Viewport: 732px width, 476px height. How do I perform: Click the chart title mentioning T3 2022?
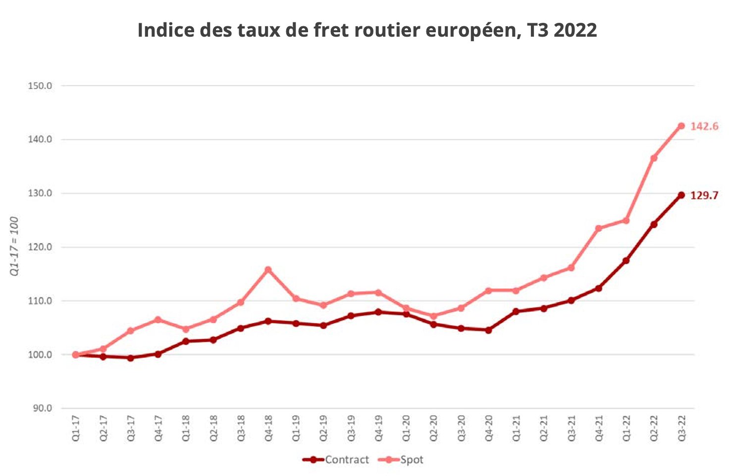click(x=367, y=30)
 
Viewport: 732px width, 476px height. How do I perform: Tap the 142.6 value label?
click(x=704, y=126)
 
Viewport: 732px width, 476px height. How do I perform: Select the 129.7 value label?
click(x=704, y=195)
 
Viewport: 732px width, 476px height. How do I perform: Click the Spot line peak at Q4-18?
click(x=268, y=270)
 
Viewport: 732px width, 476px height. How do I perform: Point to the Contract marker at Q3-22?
click(x=681, y=195)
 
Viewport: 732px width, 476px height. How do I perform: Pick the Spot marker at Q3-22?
click(x=681, y=126)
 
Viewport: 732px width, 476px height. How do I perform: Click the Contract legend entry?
click(x=336, y=460)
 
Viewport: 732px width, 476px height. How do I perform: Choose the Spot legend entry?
click(x=402, y=460)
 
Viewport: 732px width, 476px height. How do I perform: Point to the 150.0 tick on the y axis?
click(x=40, y=86)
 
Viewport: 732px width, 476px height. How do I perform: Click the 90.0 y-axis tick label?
click(x=42, y=409)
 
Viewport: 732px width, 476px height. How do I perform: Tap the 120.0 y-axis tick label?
click(x=40, y=247)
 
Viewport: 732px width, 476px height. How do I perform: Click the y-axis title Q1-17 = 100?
click(x=14, y=246)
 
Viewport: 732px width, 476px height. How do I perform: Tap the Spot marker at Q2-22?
click(x=654, y=158)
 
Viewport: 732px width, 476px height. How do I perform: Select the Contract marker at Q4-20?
click(x=488, y=330)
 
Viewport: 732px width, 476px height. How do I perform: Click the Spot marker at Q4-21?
click(x=598, y=229)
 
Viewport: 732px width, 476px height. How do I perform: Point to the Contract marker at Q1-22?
click(x=626, y=260)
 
